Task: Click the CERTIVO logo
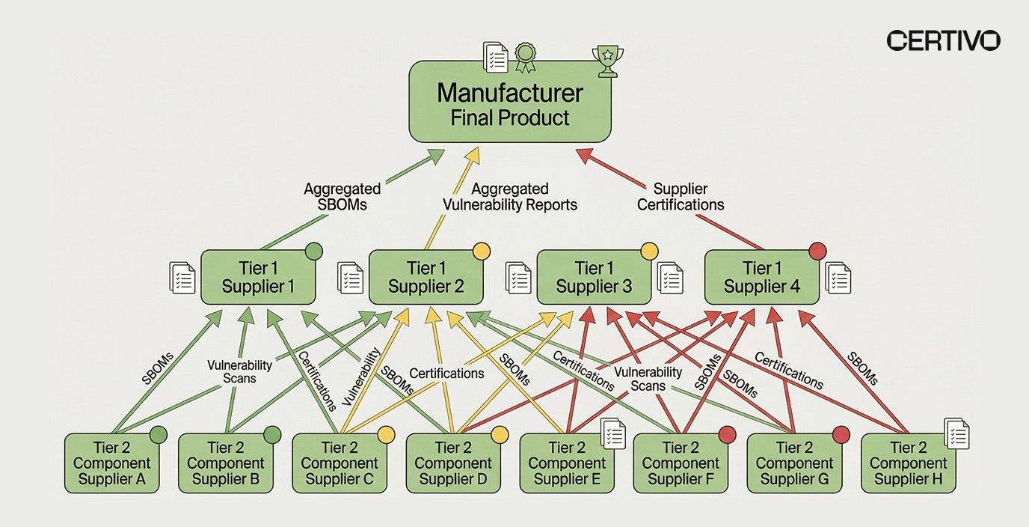[943, 40]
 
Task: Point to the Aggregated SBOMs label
[342, 196]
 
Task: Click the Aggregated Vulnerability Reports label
[510, 196]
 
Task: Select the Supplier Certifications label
[681, 196]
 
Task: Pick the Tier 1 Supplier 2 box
[426, 277]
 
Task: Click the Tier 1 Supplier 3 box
[593, 277]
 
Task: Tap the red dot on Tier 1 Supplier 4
[817, 250]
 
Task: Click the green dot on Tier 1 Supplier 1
[313, 250]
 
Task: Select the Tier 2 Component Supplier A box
[111, 463]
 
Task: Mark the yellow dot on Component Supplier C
[386, 434]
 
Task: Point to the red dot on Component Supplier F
[727, 434]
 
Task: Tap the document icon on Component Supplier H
[956, 433]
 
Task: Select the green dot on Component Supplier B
[272, 434]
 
